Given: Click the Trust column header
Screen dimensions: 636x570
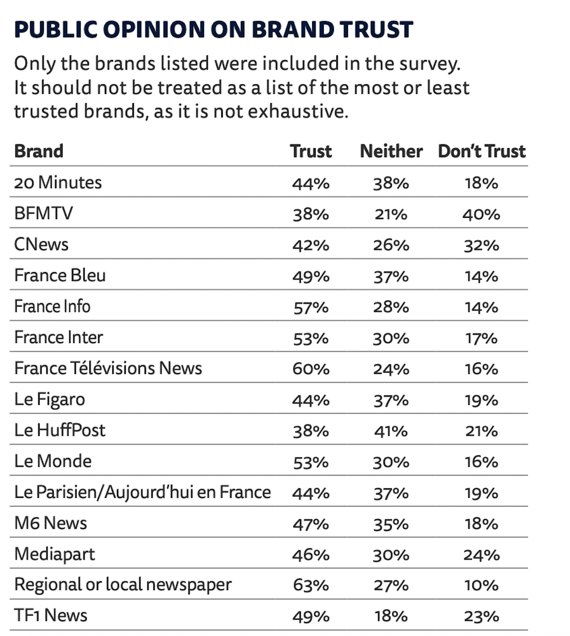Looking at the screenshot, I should (311, 151).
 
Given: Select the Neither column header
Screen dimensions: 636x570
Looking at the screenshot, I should (391, 151).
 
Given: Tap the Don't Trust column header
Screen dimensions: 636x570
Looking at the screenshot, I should (482, 151).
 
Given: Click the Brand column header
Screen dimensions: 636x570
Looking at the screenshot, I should (39, 151).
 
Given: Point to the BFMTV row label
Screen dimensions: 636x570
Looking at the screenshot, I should (43, 213).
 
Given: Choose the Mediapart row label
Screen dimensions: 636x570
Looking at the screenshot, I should (55, 554).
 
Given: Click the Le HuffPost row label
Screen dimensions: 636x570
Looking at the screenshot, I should (60, 430).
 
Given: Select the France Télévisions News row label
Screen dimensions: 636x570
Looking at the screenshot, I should (108, 368).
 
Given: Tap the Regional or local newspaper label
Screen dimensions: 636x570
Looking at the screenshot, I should (123, 585).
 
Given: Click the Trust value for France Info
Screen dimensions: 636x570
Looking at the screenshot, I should (311, 308).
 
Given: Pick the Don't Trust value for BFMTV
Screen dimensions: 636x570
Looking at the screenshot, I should (481, 215).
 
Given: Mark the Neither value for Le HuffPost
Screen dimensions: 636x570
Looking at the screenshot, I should (391, 431).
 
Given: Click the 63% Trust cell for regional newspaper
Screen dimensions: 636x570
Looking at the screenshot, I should (311, 586).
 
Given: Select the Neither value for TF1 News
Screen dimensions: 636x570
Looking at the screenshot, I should (391, 616).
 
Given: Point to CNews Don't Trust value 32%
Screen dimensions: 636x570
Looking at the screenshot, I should (481, 245).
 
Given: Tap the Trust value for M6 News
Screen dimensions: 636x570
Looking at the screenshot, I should (311, 524).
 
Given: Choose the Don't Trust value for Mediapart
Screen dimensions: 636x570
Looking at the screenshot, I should (481, 555).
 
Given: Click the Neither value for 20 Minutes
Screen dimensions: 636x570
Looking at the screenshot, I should (391, 184).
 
